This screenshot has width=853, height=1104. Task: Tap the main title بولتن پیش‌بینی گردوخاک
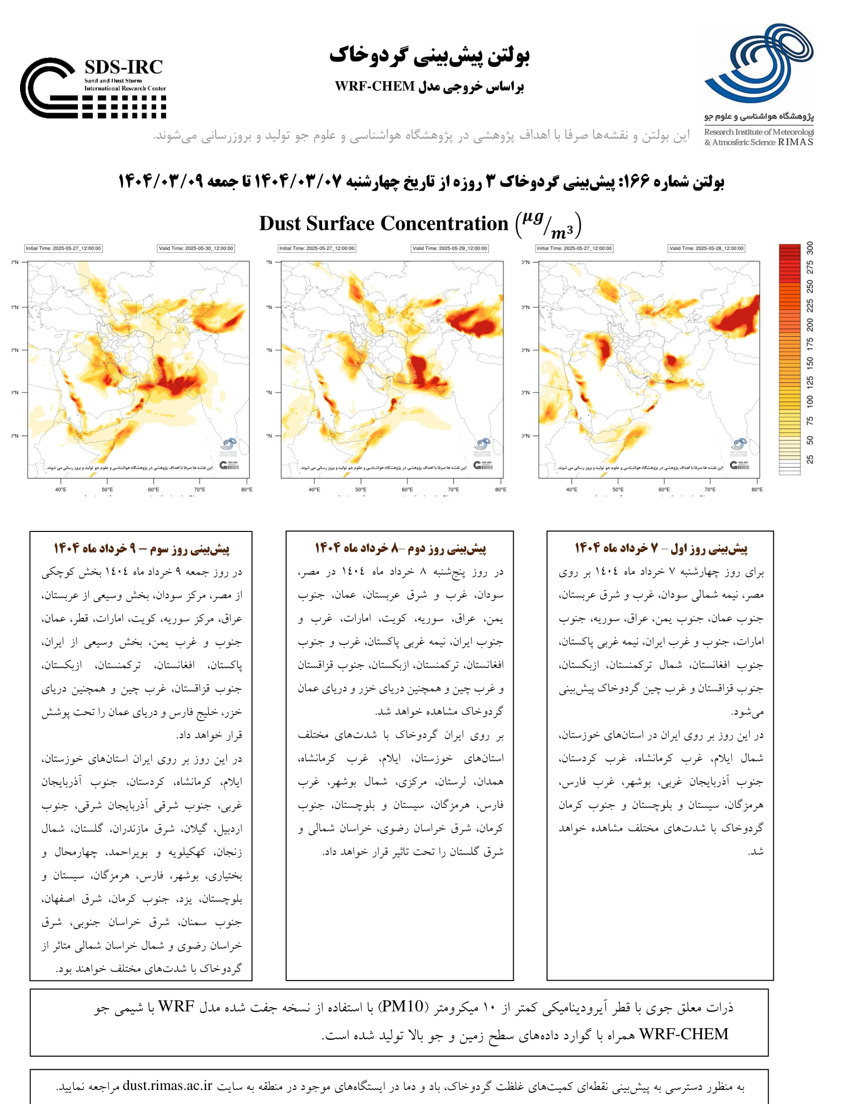(430, 56)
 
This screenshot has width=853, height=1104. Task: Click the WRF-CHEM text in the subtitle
(374, 86)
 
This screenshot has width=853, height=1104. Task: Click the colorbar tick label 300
(810, 248)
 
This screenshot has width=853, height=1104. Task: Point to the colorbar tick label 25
(810, 460)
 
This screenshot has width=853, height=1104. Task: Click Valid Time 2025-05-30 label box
(196, 248)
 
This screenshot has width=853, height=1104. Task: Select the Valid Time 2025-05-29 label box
(450, 248)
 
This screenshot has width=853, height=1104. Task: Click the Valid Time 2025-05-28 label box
(706, 248)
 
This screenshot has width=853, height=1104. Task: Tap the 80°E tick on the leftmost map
(246, 489)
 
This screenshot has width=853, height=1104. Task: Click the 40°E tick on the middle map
(314, 489)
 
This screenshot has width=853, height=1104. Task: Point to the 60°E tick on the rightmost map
(664, 489)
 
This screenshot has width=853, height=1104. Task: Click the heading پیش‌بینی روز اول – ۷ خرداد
(661, 548)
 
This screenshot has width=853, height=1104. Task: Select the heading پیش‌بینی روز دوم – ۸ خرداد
(400, 548)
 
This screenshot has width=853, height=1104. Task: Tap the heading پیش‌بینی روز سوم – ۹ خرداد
(141, 548)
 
